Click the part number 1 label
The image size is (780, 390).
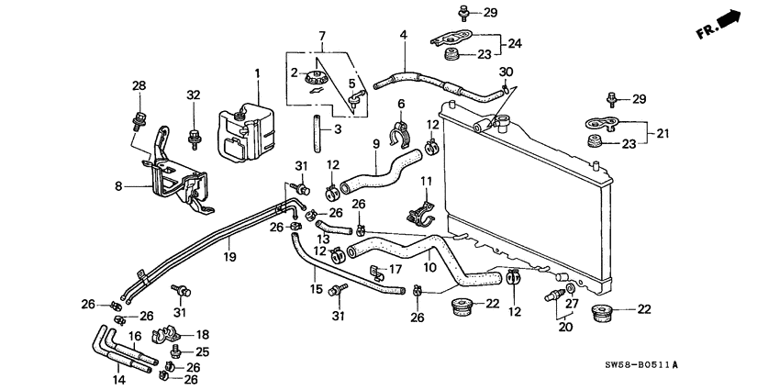(258, 73)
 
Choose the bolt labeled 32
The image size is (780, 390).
(194, 137)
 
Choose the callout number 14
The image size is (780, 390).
(117, 378)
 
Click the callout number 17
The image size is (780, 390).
(396, 269)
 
